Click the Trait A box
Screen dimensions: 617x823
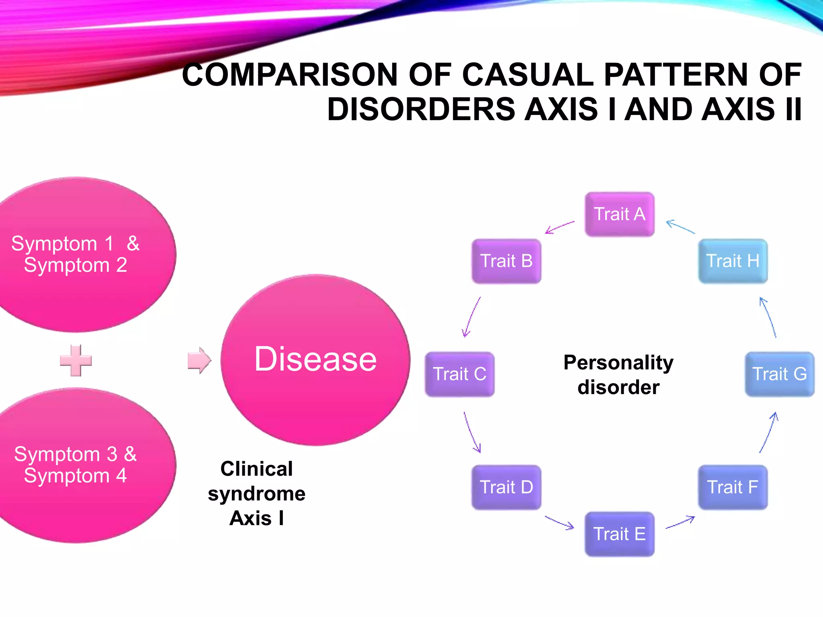coord(619,214)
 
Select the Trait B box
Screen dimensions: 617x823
coord(506,261)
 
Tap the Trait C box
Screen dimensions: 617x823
coord(459,374)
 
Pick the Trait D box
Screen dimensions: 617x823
coord(506,487)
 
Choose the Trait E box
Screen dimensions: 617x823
coord(619,534)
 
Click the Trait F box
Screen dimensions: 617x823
coord(733,487)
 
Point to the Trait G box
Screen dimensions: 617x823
coord(780,374)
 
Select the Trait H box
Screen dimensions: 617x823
coord(733,261)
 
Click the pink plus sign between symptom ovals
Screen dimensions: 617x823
coord(76,360)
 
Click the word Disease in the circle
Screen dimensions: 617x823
coord(315,359)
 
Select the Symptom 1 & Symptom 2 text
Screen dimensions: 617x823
coord(76,254)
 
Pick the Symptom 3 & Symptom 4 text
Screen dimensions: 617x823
coord(76,465)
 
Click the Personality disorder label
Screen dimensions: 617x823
coord(618,375)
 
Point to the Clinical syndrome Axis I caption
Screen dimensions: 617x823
coord(257,493)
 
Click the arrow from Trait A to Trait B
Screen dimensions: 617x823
coord(559,227)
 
